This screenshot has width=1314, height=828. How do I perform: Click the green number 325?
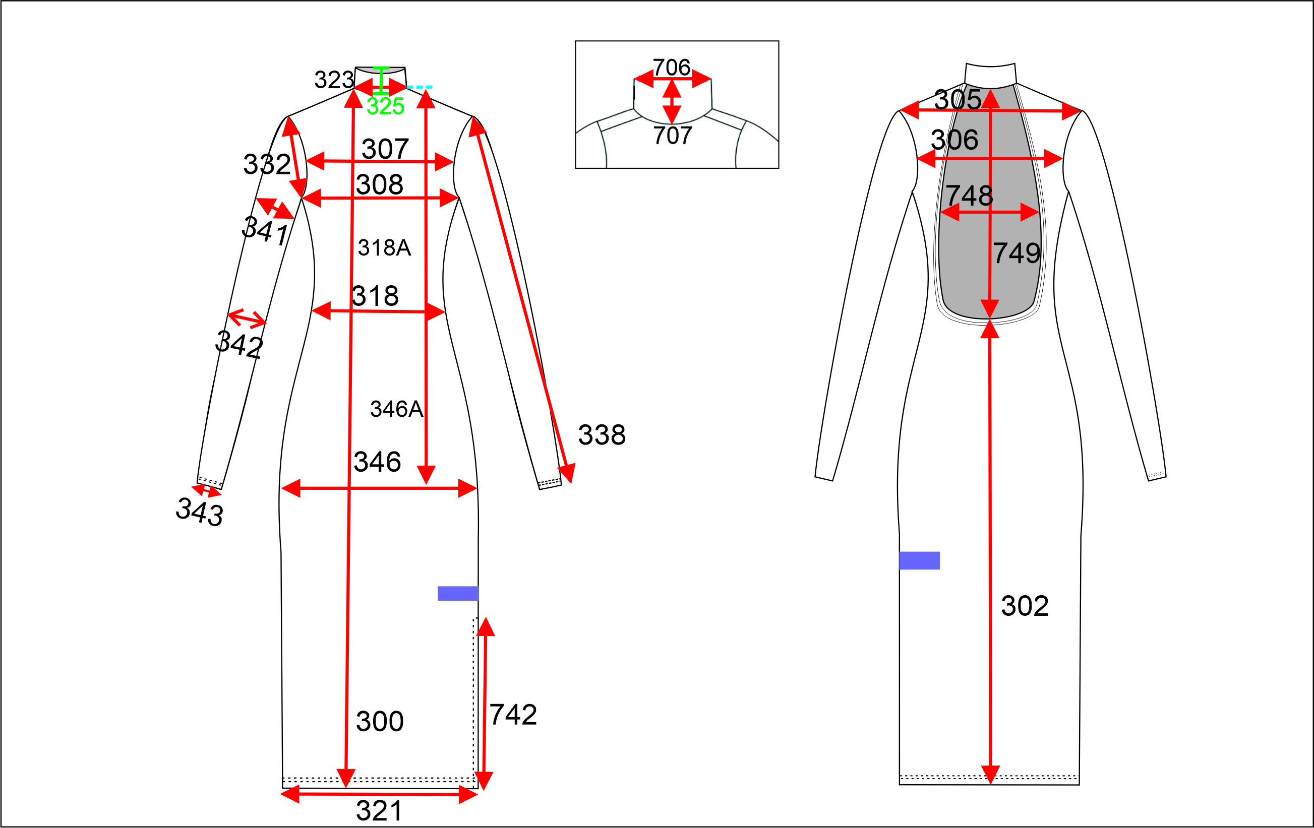[x=385, y=106]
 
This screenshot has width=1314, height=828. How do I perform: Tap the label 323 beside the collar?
[x=334, y=80]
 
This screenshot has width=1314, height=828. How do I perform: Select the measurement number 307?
[x=385, y=149]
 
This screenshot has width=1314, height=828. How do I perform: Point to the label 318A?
[x=384, y=247]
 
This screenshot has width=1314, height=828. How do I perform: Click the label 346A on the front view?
[x=397, y=409]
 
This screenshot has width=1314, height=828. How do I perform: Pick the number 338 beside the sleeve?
[x=602, y=435]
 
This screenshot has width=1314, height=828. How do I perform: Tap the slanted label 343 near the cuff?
[x=199, y=512]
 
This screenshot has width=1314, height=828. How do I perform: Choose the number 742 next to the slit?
[x=513, y=715]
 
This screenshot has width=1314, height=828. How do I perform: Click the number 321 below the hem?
[x=379, y=810]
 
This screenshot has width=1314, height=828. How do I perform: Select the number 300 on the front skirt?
[x=380, y=721]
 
